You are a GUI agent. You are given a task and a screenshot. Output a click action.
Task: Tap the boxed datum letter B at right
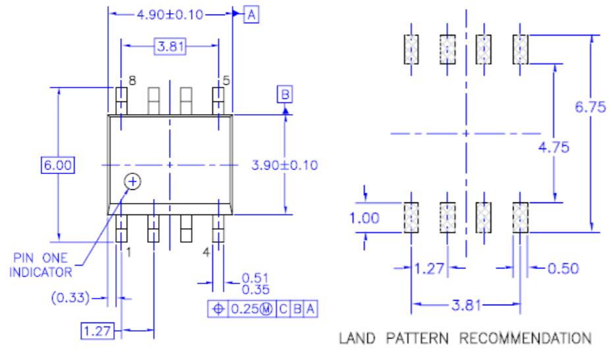(285, 96)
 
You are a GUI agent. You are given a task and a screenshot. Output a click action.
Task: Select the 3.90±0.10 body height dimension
(285, 165)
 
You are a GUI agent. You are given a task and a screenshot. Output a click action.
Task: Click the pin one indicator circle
(133, 181)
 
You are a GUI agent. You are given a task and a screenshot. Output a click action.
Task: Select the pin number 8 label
(132, 80)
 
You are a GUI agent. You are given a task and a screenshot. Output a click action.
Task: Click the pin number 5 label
(226, 80)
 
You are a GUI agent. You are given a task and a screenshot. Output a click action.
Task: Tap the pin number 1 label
(130, 252)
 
